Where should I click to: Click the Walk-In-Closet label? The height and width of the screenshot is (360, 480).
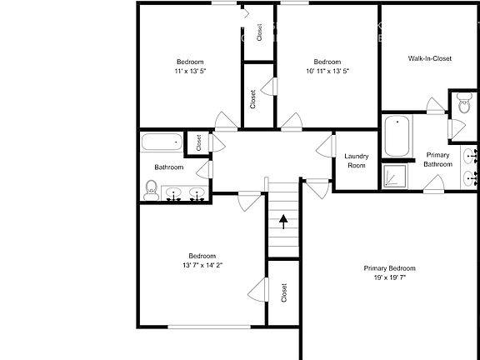pyautogui.click(x=430, y=59)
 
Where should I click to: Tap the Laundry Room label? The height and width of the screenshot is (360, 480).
pyautogui.click(x=356, y=161)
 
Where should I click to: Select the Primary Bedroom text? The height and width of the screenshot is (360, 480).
pyautogui.click(x=389, y=268)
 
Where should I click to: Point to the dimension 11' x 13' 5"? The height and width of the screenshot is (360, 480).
pyautogui.click(x=191, y=72)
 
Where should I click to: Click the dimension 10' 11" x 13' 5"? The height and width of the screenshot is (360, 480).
pyautogui.click(x=327, y=72)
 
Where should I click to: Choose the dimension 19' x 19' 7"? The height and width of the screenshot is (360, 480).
pyautogui.click(x=389, y=277)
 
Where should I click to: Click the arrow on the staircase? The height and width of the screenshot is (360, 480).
pyautogui.click(x=284, y=221)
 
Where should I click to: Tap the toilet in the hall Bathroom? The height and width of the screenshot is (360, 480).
pyautogui.click(x=152, y=190)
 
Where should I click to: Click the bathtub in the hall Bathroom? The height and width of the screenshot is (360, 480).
pyautogui.click(x=162, y=142)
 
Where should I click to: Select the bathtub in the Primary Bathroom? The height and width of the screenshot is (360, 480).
pyautogui.click(x=397, y=136)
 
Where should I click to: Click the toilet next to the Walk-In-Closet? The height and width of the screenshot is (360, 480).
pyautogui.click(x=464, y=105)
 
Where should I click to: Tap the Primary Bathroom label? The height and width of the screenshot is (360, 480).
pyautogui.click(x=438, y=159)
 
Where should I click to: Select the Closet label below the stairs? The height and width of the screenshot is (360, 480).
pyautogui.click(x=284, y=292)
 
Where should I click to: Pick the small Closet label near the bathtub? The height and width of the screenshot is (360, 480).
pyautogui.click(x=198, y=143)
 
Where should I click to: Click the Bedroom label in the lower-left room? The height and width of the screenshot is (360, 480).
pyautogui.click(x=202, y=256)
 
